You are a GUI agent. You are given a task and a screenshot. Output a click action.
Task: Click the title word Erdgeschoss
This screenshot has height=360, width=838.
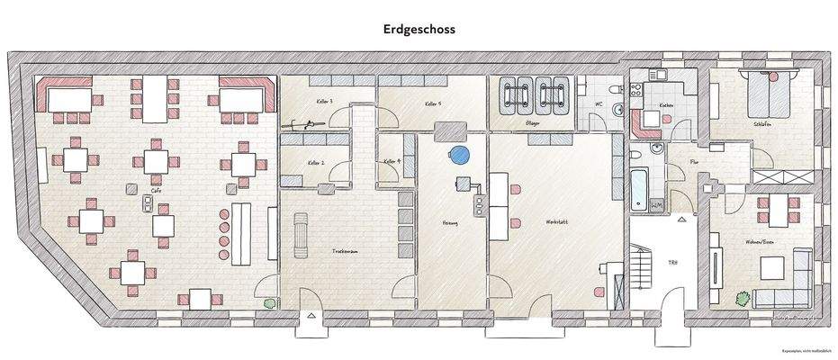419,29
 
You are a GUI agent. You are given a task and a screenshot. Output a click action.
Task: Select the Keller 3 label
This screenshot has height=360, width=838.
324,102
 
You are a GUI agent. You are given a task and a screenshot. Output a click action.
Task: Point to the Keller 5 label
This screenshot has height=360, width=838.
433,104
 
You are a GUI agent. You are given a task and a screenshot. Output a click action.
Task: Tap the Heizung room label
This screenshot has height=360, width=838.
450,222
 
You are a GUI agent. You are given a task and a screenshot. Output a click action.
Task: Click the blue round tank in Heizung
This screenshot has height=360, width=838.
461,155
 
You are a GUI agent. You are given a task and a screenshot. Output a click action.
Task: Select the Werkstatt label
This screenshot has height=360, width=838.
555,221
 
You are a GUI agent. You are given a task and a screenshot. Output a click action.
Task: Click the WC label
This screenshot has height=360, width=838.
598,104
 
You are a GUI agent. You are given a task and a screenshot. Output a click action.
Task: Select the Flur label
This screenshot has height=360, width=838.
693,163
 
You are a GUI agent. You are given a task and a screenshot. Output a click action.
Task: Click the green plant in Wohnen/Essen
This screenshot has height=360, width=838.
743,297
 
